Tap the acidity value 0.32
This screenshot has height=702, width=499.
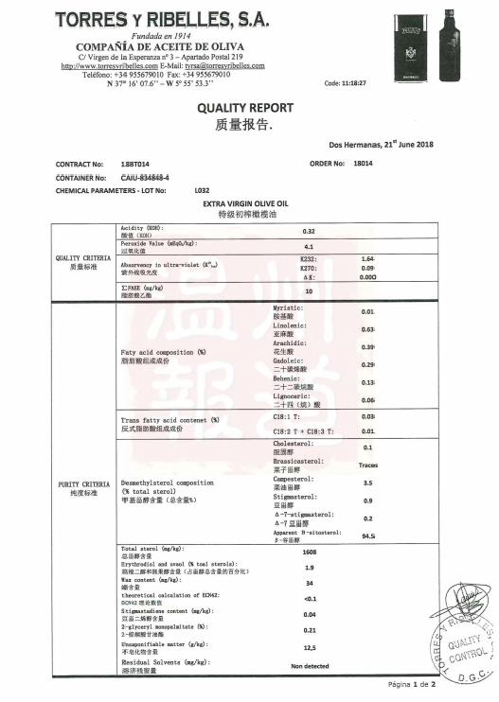click(x=309, y=232)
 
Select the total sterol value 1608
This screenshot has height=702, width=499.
click(x=309, y=552)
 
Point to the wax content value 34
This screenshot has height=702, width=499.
click(x=309, y=583)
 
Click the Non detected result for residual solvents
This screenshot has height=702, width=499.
click(x=309, y=666)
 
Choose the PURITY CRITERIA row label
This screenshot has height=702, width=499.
click(x=83, y=488)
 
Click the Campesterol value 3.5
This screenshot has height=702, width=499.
click(x=367, y=483)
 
